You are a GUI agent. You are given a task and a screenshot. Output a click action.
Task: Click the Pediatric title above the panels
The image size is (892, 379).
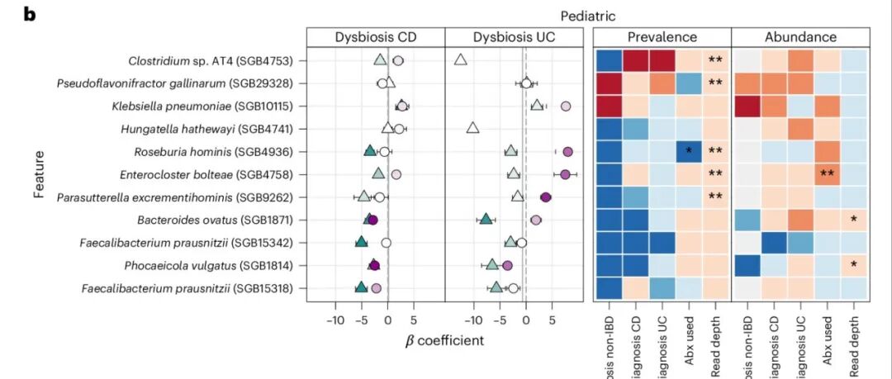587,16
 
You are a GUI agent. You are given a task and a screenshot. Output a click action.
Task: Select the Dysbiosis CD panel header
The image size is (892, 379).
375,37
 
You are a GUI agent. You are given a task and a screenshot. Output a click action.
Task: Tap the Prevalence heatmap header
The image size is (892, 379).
662,37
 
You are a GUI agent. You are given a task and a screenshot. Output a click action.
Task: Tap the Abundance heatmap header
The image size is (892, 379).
800,37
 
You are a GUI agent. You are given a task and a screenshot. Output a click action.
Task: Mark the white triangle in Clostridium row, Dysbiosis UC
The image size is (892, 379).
461,59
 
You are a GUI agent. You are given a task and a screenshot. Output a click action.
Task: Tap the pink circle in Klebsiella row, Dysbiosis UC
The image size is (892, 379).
566,106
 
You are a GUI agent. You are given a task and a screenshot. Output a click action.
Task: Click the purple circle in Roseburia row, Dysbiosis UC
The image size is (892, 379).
567,151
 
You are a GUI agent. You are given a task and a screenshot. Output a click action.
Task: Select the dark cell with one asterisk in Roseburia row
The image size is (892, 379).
689,151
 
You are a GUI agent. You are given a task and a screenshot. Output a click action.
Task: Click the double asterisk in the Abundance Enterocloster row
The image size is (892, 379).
826,174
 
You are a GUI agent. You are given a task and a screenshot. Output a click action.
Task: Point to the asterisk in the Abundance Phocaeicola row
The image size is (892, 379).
854,265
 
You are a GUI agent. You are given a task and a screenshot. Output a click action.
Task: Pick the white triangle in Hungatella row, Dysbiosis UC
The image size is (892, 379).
472,128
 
